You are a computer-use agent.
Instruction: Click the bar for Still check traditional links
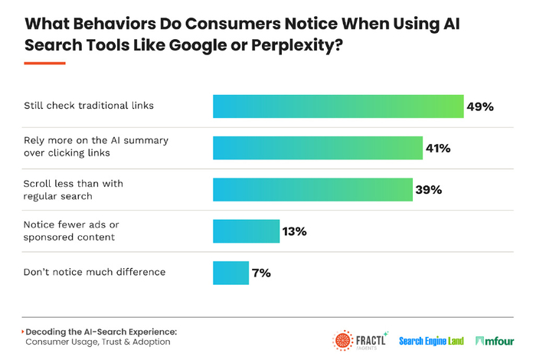(x=338, y=106)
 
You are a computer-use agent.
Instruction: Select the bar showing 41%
(x=317, y=147)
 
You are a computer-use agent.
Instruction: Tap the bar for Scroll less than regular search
(x=312, y=189)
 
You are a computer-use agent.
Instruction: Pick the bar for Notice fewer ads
(x=246, y=231)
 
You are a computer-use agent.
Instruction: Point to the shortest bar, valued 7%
(x=229, y=272)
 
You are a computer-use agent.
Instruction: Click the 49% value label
(x=480, y=106)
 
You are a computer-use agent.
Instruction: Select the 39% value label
(x=427, y=189)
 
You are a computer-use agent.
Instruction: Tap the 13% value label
(x=294, y=231)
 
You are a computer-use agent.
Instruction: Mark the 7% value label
(x=261, y=272)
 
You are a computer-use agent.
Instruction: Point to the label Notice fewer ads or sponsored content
(x=74, y=231)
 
